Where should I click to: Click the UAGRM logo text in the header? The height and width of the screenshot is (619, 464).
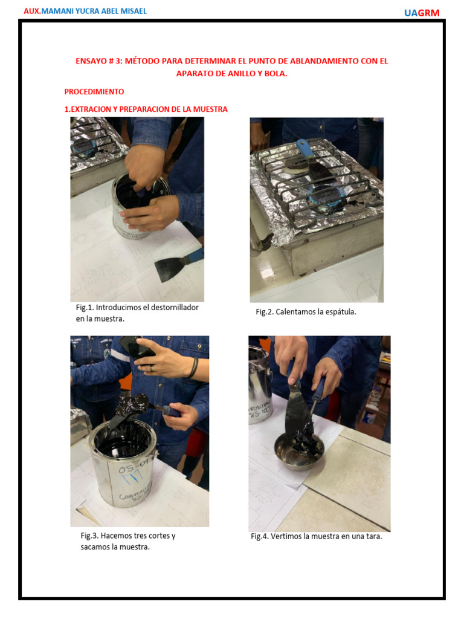422,13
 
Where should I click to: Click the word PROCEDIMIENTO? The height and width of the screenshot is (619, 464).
94,92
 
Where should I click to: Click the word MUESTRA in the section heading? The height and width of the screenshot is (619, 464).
210,109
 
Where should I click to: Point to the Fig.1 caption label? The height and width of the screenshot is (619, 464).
85,308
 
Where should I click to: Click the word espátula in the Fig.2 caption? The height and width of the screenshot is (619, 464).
341,312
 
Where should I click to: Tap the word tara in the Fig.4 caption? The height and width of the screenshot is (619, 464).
374,537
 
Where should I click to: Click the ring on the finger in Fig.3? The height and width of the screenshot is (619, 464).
152,368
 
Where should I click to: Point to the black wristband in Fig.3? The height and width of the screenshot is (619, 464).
193,368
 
